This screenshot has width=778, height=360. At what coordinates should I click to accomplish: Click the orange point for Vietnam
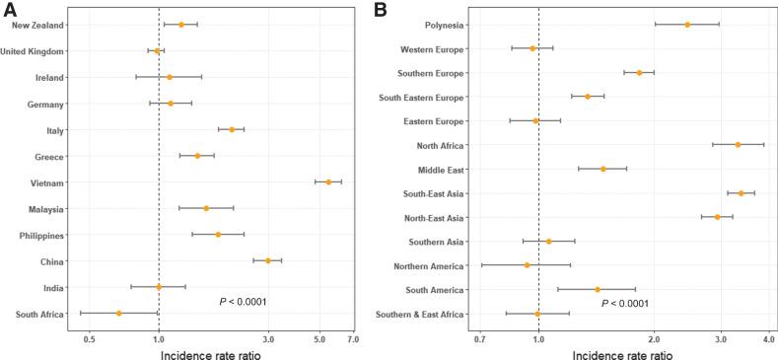(328, 182)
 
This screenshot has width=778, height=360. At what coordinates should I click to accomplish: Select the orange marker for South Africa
(118, 314)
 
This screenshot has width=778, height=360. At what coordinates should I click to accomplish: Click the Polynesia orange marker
(687, 24)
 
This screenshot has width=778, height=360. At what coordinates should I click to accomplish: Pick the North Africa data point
(738, 145)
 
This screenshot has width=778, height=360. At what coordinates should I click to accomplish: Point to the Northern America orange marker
(528, 265)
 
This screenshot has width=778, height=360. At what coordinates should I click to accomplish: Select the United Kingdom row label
(34, 51)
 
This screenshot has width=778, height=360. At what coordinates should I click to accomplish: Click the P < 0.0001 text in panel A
(243, 302)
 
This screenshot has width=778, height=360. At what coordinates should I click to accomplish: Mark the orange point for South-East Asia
(741, 193)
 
